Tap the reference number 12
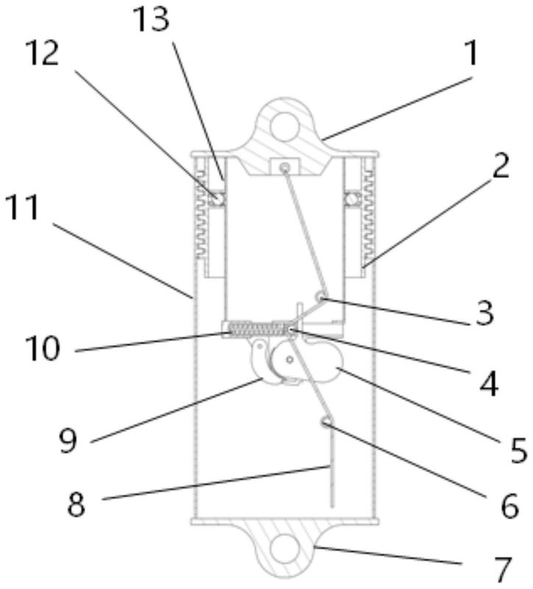(x=42, y=53)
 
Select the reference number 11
(x=24, y=208)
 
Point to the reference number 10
(x=42, y=348)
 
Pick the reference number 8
(x=77, y=504)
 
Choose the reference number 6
(x=509, y=505)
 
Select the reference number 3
(x=484, y=314)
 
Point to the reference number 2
(x=501, y=166)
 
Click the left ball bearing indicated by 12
(x=217, y=198)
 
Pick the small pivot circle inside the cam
(x=289, y=359)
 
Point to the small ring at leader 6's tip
(x=326, y=422)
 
